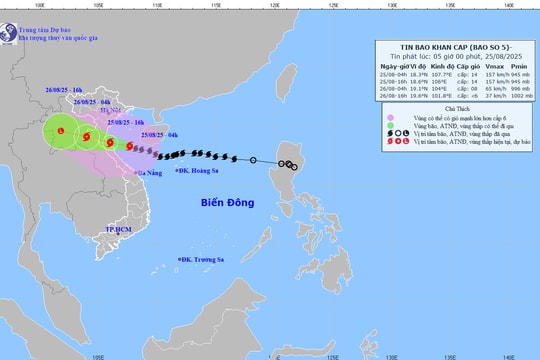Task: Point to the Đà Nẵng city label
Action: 152,172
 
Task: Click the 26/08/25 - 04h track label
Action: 91,102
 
